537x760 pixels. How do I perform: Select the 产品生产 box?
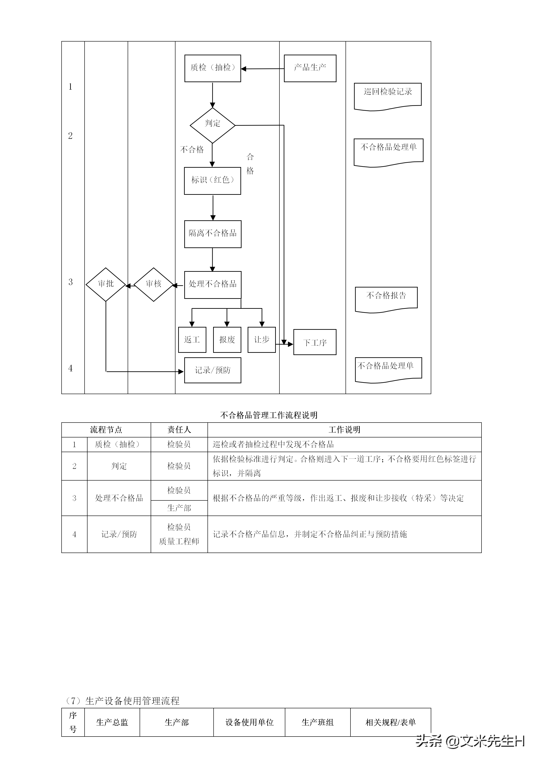tap(310, 68)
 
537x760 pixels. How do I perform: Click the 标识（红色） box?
tap(212, 181)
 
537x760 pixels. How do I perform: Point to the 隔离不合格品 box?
tap(213, 234)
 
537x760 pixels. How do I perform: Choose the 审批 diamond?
tap(106, 284)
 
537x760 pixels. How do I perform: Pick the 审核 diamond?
tap(153, 284)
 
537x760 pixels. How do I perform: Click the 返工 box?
tap(192, 340)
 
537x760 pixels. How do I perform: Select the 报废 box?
tap(227, 340)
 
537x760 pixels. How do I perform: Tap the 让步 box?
tap(262, 340)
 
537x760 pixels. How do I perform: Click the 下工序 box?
tap(315, 342)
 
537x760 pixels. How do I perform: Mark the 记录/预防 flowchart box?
tap(213, 370)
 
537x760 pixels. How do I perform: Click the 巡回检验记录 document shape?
tap(387, 95)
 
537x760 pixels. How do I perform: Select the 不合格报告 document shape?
tap(386, 298)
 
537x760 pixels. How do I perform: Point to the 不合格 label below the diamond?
tap(192, 150)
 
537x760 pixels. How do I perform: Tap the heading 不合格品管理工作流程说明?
tap(268, 415)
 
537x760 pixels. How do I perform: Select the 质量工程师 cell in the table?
tap(179, 541)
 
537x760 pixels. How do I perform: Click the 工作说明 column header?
tap(344, 430)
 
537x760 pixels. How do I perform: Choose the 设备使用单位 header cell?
tap(249, 722)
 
